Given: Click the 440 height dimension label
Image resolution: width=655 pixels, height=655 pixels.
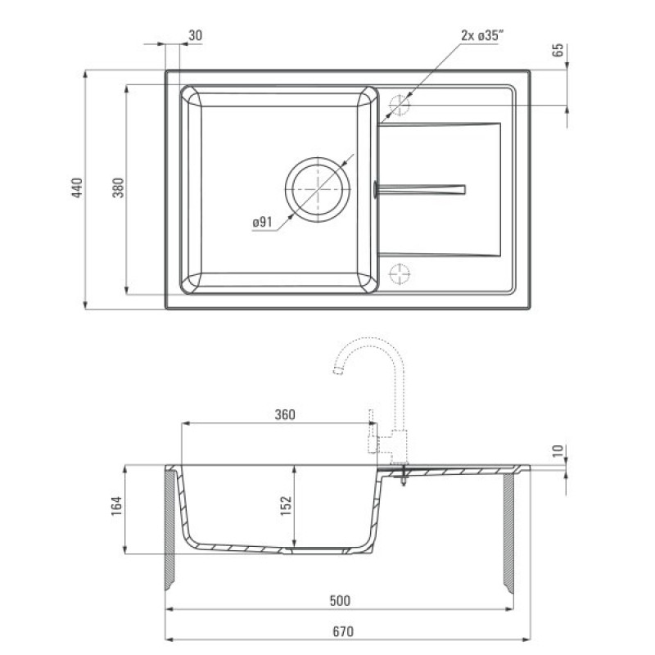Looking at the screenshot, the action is click(x=77, y=187).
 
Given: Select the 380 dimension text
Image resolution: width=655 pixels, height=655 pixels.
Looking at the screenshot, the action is click(x=119, y=187).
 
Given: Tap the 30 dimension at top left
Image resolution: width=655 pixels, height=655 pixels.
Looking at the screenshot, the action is click(x=195, y=35).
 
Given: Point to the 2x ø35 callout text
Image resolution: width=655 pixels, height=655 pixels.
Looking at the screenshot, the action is click(x=481, y=35).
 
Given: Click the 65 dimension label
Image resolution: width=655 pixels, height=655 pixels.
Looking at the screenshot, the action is click(x=558, y=50).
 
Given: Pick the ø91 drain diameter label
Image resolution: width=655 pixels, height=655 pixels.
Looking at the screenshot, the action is click(x=262, y=222).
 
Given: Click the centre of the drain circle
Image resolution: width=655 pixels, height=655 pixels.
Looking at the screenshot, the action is click(x=318, y=190).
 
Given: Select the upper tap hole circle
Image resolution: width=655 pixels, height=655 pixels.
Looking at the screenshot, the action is click(x=399, y=105).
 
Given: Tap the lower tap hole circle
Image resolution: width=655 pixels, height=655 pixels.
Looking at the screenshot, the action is click(x=400, y=274).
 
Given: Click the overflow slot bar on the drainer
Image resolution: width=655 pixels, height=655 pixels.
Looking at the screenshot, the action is click(x=419, y=190).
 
